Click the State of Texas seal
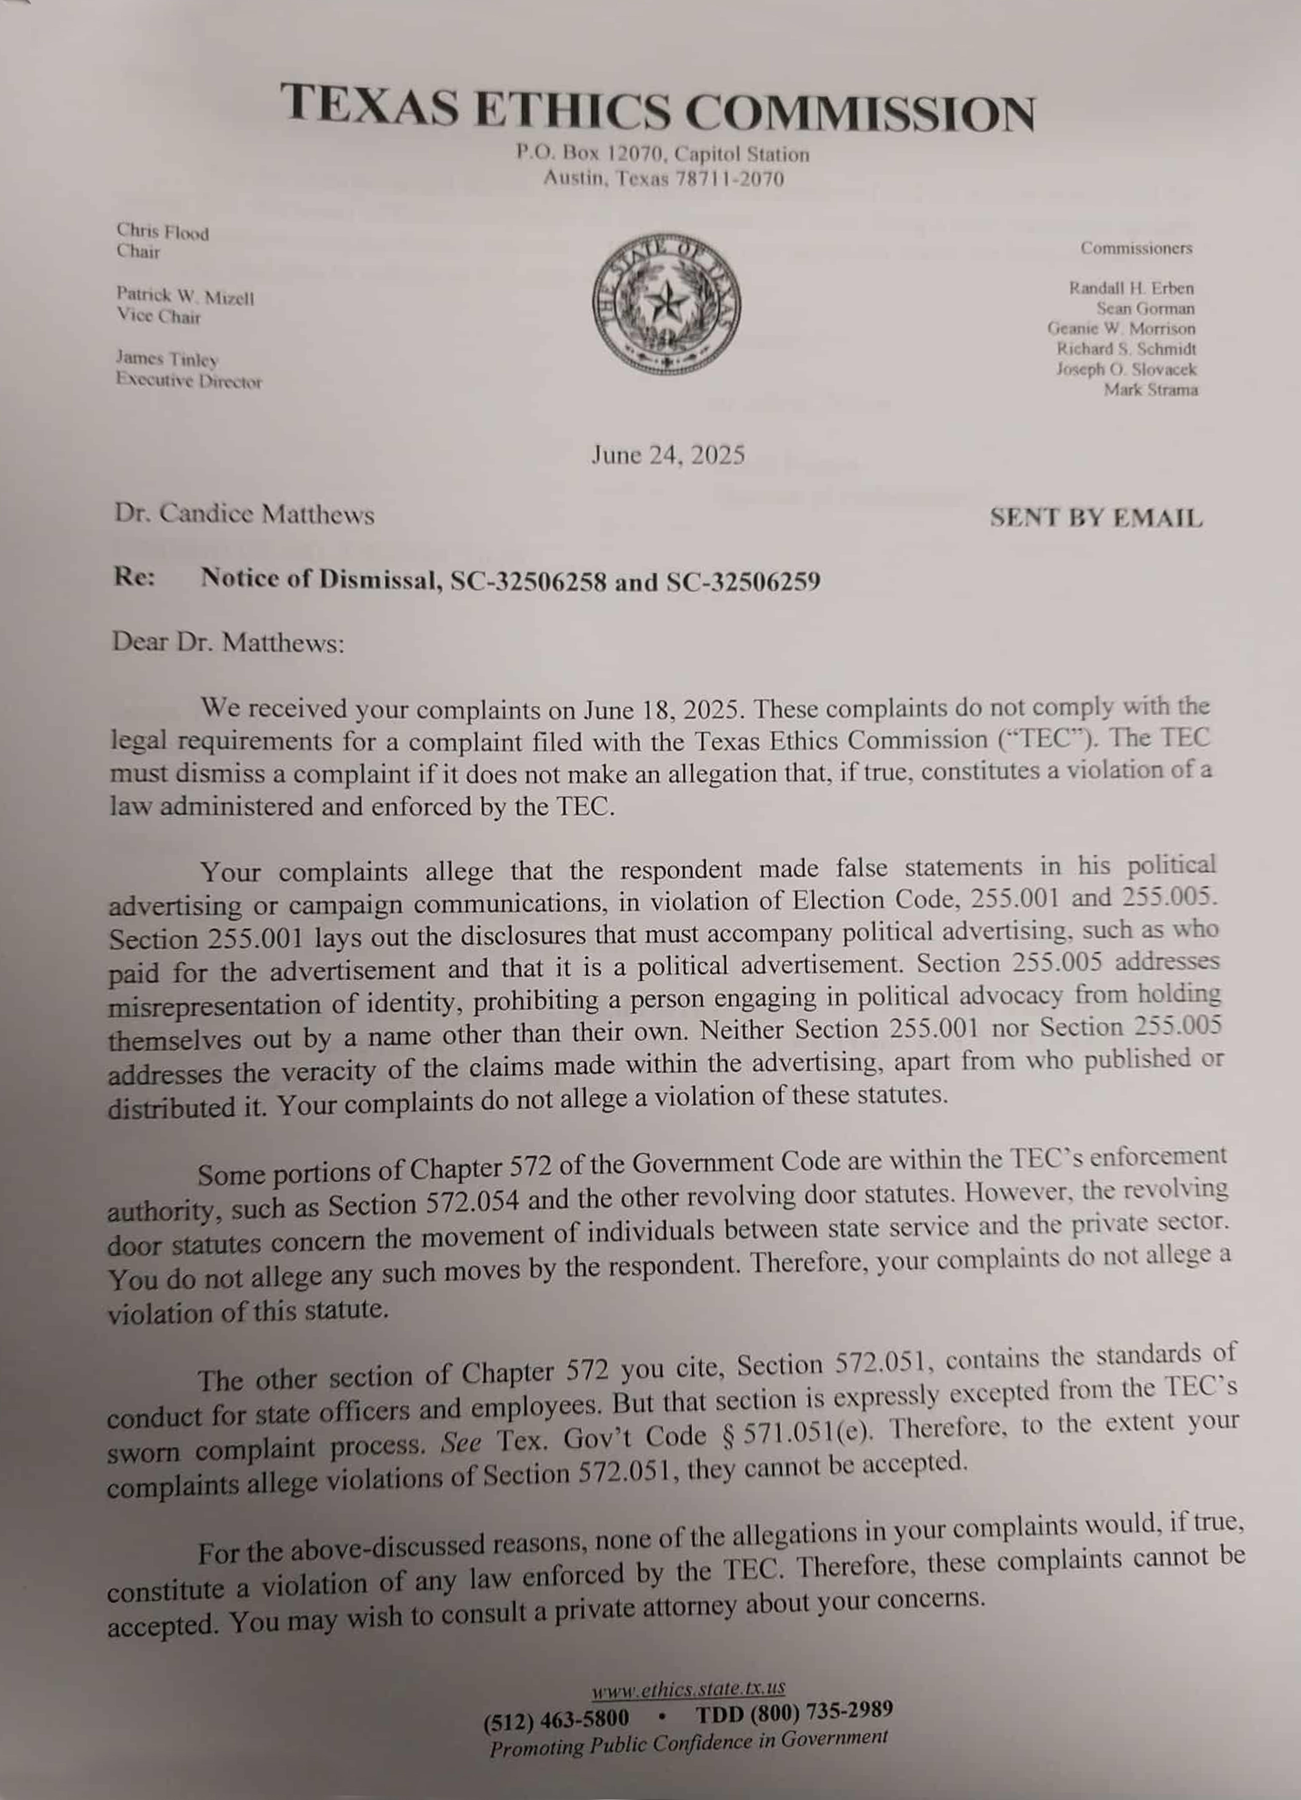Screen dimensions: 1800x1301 coord(667,304)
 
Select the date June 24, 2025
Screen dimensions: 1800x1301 coord(668,455)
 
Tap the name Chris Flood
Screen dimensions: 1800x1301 coord(163,233)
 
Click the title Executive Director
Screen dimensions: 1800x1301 coord(189,381)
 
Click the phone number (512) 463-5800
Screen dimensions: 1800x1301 coord(556,1719)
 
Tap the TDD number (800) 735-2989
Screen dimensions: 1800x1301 coord(794,1712)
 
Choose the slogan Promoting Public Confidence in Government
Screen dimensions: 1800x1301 coord(688,1743)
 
